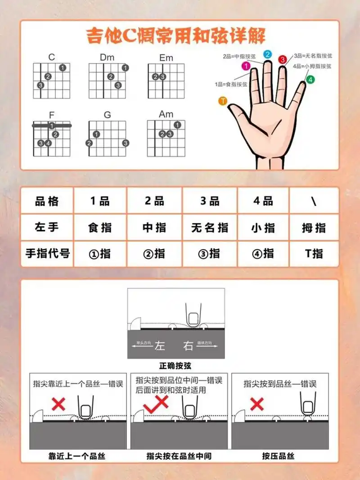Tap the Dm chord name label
tap(107, 57)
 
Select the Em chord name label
tap(166, 58)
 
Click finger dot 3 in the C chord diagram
tap(40, 85)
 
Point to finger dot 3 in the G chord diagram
tap(126, 143)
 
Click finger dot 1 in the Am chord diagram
tap(177, 125)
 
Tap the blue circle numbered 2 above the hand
tap(267, 54)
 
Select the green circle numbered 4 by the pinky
tap(310, 80)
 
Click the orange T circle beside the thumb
tap(222, 101)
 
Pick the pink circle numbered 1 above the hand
tap(246, 66)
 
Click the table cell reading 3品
tap(210, 201)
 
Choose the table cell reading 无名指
tap(210, 227)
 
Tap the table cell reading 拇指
tap(314, 227)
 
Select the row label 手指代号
tap(47, 253)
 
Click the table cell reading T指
tap(314, 253)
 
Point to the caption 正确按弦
tap(175, 366)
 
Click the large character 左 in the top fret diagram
tap(160, 346)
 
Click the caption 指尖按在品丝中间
tap(179, 456)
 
